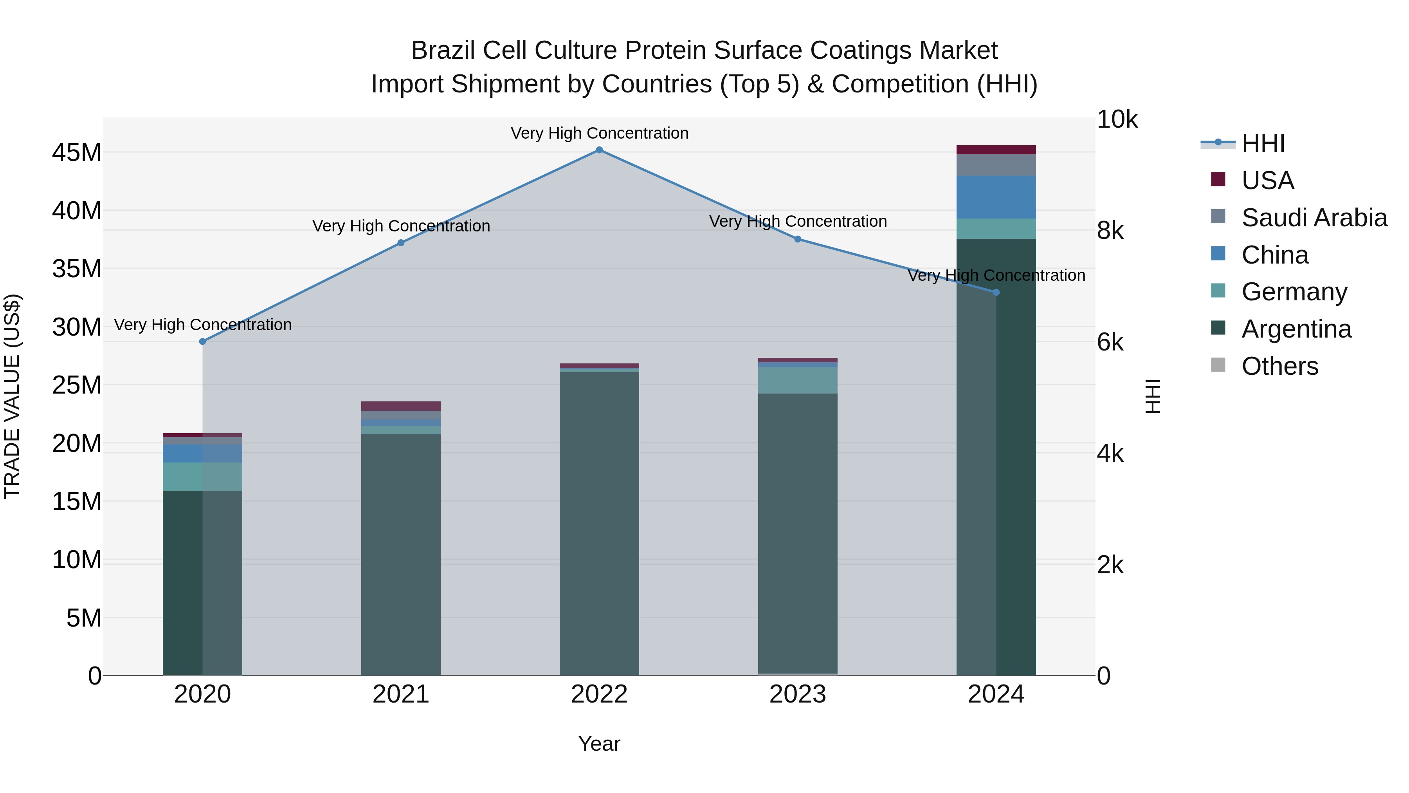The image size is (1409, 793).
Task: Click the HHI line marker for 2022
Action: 599,150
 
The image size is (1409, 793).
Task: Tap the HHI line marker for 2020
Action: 202,341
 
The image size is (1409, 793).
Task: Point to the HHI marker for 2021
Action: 401,243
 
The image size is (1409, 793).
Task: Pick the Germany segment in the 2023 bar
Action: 798,380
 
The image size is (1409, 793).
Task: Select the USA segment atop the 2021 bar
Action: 401,406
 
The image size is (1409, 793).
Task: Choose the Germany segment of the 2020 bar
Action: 202,477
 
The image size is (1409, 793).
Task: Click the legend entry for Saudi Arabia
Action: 1314,218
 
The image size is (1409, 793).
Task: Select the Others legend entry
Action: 1279,366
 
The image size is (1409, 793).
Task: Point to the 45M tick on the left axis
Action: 77,153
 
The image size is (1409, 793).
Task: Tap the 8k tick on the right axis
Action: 1110,231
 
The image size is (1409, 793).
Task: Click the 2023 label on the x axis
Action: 798,694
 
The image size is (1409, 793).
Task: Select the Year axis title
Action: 599,744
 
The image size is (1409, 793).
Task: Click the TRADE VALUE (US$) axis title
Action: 13,396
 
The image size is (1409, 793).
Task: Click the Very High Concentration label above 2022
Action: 599,133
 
